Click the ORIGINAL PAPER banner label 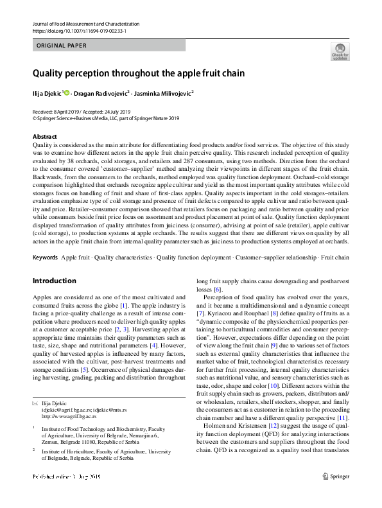pyautogui.click(x=62, y=46)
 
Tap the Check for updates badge pyautogui.click(x=340, y=51)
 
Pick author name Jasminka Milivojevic pyautogui.click(x=164, y=93)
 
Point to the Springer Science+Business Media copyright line pyautogui.click(x=106, y=118)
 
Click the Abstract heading pyautogui.click(x=44, y=137)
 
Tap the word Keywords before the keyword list pyautogui.click(x=44, y=258)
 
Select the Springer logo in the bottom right pyautogui.click(x=336, y=495)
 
